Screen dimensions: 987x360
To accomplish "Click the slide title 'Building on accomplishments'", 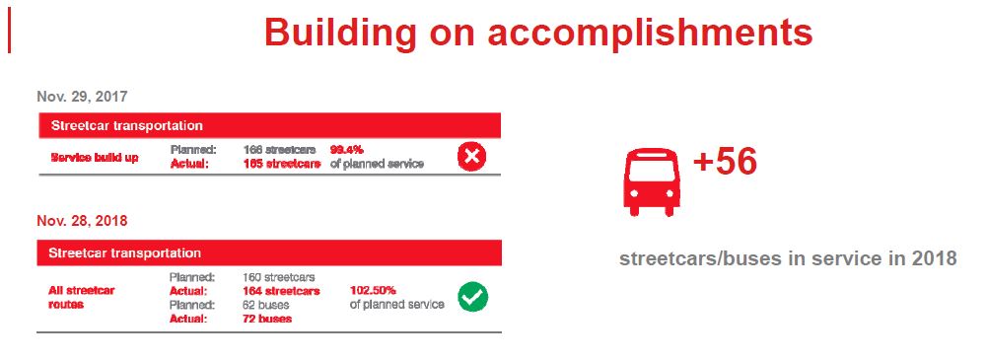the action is [538, 33].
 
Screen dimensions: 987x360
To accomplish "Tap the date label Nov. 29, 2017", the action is [82, 97].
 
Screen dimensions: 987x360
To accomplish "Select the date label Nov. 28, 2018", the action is [82, 221].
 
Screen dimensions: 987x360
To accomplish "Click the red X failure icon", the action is [471, 157].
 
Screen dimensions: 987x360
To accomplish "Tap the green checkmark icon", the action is [472, 297].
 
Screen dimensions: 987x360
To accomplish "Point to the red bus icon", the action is [652, 182].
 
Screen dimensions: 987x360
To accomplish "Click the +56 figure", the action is [725, 162].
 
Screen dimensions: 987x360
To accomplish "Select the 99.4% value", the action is [346, 151].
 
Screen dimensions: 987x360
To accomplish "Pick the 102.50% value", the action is [373, 291].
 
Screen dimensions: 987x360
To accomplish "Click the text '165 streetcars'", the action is [281, 164].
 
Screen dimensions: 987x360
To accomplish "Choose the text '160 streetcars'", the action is [278, 277].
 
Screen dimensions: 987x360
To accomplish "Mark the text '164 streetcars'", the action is [281, 291].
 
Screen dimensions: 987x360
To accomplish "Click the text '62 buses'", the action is [265, 305].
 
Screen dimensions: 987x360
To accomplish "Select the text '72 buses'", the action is [267, 319].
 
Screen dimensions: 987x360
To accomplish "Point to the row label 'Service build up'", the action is [95, 158].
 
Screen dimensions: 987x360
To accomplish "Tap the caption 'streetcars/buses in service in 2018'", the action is [788, 258].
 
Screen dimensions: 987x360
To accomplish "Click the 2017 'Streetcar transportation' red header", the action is [269, 125].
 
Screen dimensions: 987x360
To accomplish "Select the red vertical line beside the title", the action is [10, 33].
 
